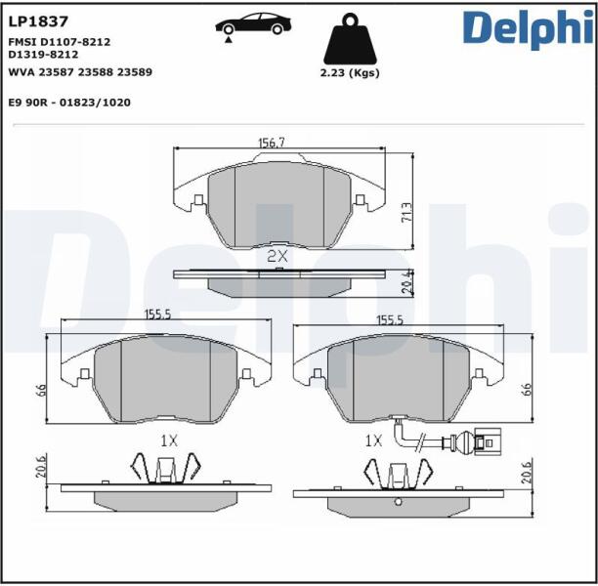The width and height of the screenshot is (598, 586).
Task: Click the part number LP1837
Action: [x=38, y=21]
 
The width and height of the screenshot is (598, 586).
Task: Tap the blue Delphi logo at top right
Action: [x=529, y=29]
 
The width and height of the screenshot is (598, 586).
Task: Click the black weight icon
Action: [x=350, y=38]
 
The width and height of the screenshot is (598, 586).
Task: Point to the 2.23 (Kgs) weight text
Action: [x=350, y=73]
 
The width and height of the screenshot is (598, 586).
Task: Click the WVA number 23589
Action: [x=135, y=72]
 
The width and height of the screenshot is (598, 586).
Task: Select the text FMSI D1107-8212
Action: [x=60, y=42]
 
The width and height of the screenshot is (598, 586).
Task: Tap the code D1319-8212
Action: [x=43, y=55]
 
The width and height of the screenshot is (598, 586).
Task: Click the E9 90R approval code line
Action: [x=69, y=103]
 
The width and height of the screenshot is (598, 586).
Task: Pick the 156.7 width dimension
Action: [x=272, y=143]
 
